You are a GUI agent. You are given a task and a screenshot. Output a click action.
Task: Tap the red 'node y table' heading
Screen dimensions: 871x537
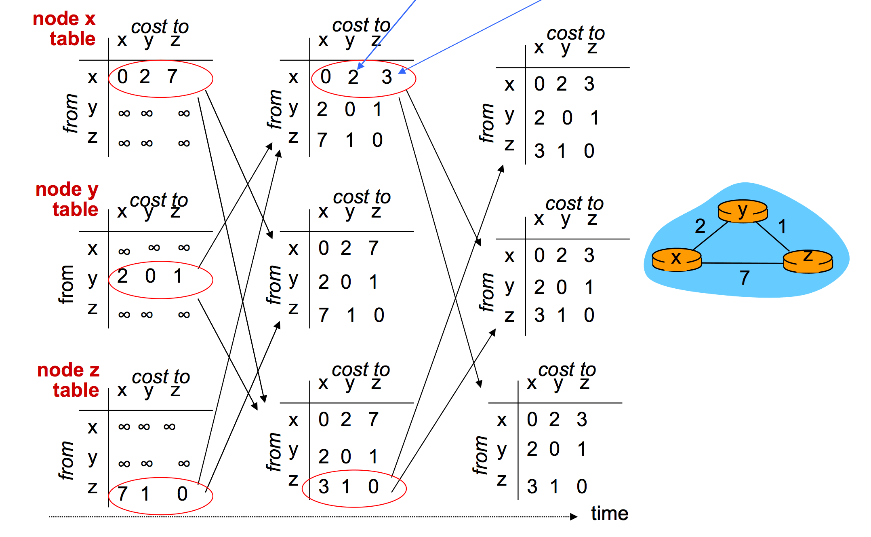67,199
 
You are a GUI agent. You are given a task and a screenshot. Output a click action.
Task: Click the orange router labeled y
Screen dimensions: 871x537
743,211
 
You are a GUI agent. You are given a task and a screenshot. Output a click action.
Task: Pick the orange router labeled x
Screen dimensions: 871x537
677,260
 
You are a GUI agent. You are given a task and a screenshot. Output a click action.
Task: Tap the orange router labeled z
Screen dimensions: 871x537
808,261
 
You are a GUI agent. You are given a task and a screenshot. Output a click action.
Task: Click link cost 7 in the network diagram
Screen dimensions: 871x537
745,278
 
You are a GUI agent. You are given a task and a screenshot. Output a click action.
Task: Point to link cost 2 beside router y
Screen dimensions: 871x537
700,226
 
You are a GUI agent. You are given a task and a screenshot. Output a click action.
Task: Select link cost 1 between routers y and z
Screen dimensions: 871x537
783,226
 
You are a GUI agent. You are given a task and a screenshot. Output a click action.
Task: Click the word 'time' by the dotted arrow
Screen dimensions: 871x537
610,514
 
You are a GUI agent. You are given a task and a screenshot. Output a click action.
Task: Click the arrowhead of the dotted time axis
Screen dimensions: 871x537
574,516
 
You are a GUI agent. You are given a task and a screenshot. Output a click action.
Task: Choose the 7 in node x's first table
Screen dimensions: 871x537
172,76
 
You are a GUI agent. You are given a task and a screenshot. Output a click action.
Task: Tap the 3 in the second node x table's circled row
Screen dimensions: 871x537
387,77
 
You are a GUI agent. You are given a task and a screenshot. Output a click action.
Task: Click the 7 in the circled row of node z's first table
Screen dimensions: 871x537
122,494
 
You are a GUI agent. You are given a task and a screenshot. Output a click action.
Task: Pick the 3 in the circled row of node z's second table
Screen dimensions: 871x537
324,486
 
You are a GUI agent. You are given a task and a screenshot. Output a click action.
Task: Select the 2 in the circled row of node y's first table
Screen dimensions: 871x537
122,276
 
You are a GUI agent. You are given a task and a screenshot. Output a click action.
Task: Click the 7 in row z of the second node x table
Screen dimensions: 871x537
322,140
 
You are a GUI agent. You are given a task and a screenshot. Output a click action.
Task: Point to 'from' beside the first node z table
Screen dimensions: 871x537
66,461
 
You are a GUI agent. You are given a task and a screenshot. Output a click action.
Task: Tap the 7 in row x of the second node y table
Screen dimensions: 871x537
373,248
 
